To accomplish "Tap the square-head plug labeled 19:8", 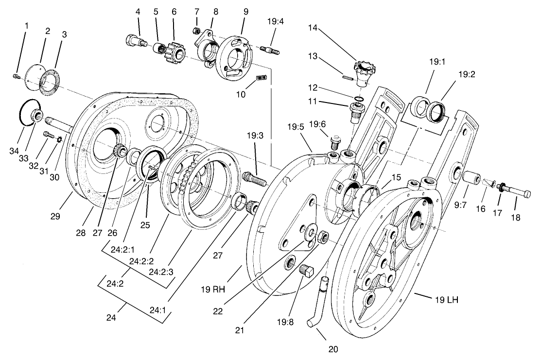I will tap(306, 271).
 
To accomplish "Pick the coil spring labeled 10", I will tap(262, 78).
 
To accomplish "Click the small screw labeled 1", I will tap(16, 76).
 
